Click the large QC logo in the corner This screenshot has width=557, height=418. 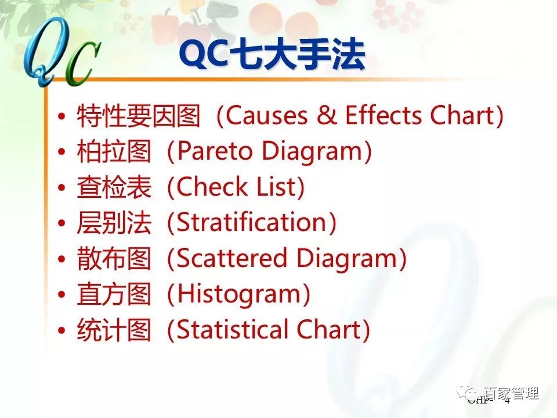click(x=58, y=55)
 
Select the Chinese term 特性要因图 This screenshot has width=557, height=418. click(x=139, y=117)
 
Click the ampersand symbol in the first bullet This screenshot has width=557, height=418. click(x=328, y=116)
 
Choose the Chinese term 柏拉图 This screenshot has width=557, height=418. click(x=114, y=153)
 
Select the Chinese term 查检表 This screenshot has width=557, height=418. click(x=114, y=188)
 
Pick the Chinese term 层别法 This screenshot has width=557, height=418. click(x=114, y=224)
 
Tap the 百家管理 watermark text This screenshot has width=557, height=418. click(x=511, y=394)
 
